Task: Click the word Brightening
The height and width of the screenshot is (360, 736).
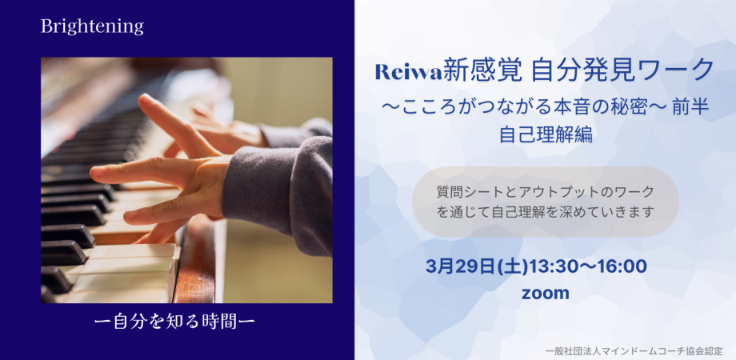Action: [92, 26]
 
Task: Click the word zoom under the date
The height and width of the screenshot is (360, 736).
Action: [545, 294]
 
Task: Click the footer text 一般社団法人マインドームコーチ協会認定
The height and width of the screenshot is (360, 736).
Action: [638, 350]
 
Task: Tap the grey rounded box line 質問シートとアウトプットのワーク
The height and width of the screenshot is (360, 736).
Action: [545, 192]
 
